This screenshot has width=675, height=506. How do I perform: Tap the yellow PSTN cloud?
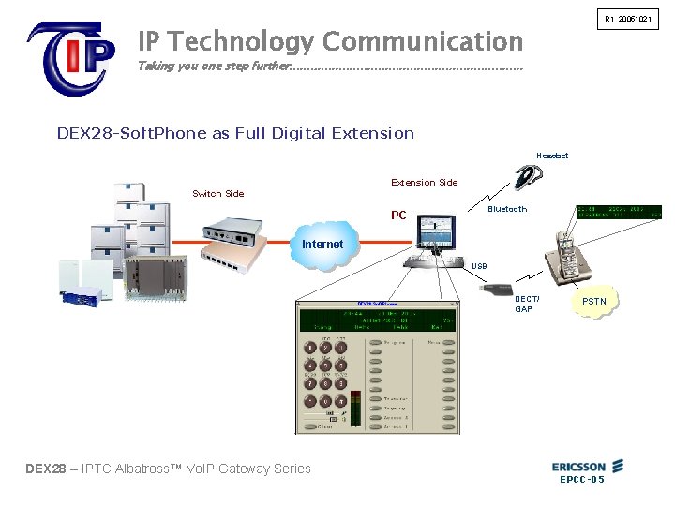click(594, 303)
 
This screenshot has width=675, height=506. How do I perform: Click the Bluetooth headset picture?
click(531, 177)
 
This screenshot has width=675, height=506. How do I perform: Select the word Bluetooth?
click(507, 209)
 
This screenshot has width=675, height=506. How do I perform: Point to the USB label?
click(479, 266)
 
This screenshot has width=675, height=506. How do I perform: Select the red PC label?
click(398, 216)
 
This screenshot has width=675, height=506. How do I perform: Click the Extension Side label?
click(424, 182)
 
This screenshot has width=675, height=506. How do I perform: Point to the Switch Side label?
click(217, 194)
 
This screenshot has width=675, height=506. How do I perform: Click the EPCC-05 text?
click(581, 480)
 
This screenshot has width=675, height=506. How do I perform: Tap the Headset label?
click(552, 156)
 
